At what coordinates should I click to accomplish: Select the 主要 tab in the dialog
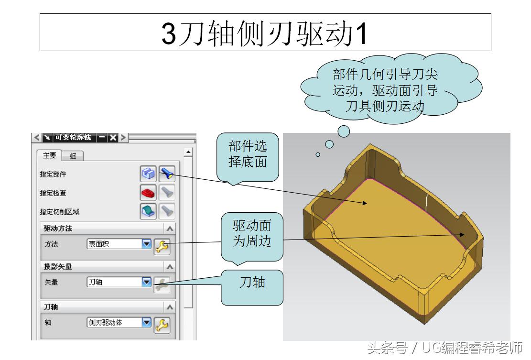pos(49,155)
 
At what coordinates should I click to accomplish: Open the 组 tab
pos(73,156)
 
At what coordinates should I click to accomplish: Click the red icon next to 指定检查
pos(148,192)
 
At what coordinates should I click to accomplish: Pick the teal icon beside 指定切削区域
pos(148,211)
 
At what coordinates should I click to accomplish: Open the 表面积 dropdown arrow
pos(146,244)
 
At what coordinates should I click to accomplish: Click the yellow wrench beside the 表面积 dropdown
pos(162,246)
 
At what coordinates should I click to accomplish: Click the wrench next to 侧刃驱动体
pos(162,325)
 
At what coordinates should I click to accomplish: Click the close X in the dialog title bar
pos(112,138)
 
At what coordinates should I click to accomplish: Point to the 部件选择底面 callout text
pos(248,154)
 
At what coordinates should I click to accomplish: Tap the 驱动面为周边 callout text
pos(251,233)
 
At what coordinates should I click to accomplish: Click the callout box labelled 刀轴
pos(252,283)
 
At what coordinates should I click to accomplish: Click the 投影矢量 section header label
pos(58,266)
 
